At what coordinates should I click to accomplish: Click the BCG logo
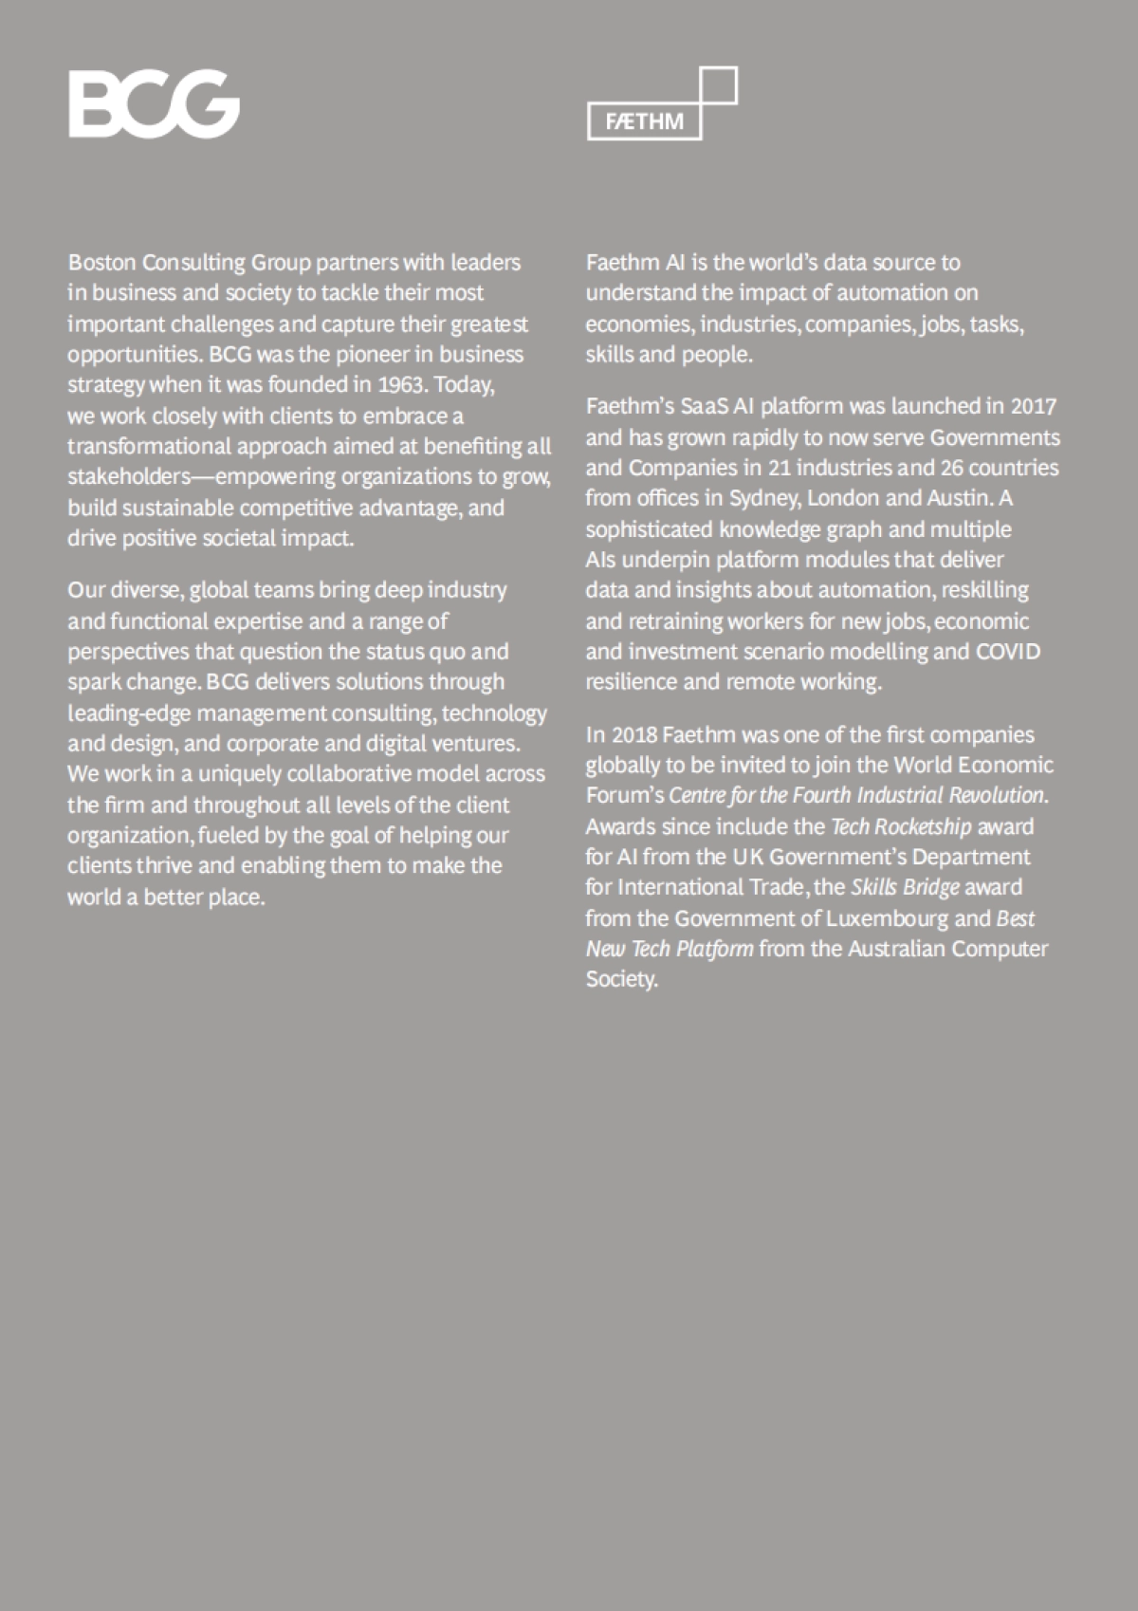[154, 104]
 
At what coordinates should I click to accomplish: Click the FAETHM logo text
[645, 122]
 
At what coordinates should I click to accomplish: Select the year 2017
[1034, 406]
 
